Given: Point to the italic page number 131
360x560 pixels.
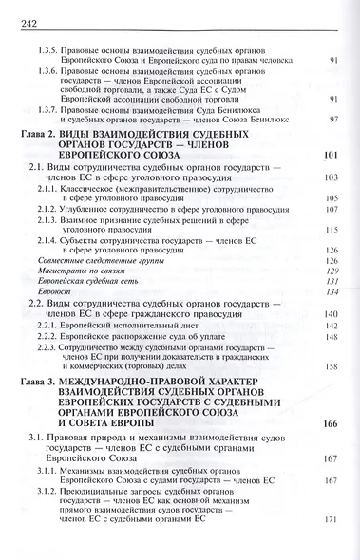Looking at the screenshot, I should click(332, 308).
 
